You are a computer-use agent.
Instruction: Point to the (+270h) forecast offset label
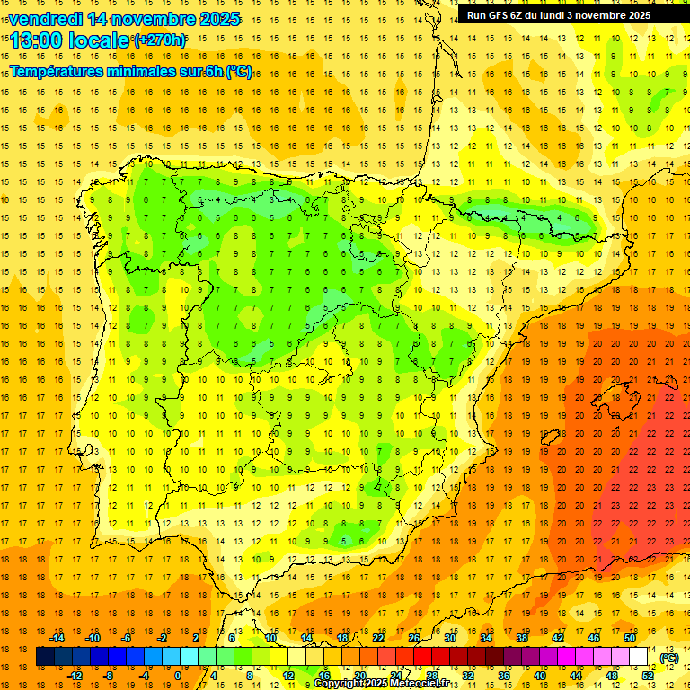coord(160,40)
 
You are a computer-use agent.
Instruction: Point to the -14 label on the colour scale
coord(57,638)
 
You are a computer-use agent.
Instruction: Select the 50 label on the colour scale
coord(629,638)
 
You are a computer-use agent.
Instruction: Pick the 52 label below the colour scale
coord(647,676)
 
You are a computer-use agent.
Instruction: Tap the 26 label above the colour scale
coord(413,638)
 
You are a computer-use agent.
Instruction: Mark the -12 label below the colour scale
coord(75,676)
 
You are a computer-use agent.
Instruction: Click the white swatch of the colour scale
coord(638,657)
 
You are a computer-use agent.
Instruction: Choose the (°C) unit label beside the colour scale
coord(668,658)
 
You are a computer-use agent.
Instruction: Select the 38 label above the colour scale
coord(521,638)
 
